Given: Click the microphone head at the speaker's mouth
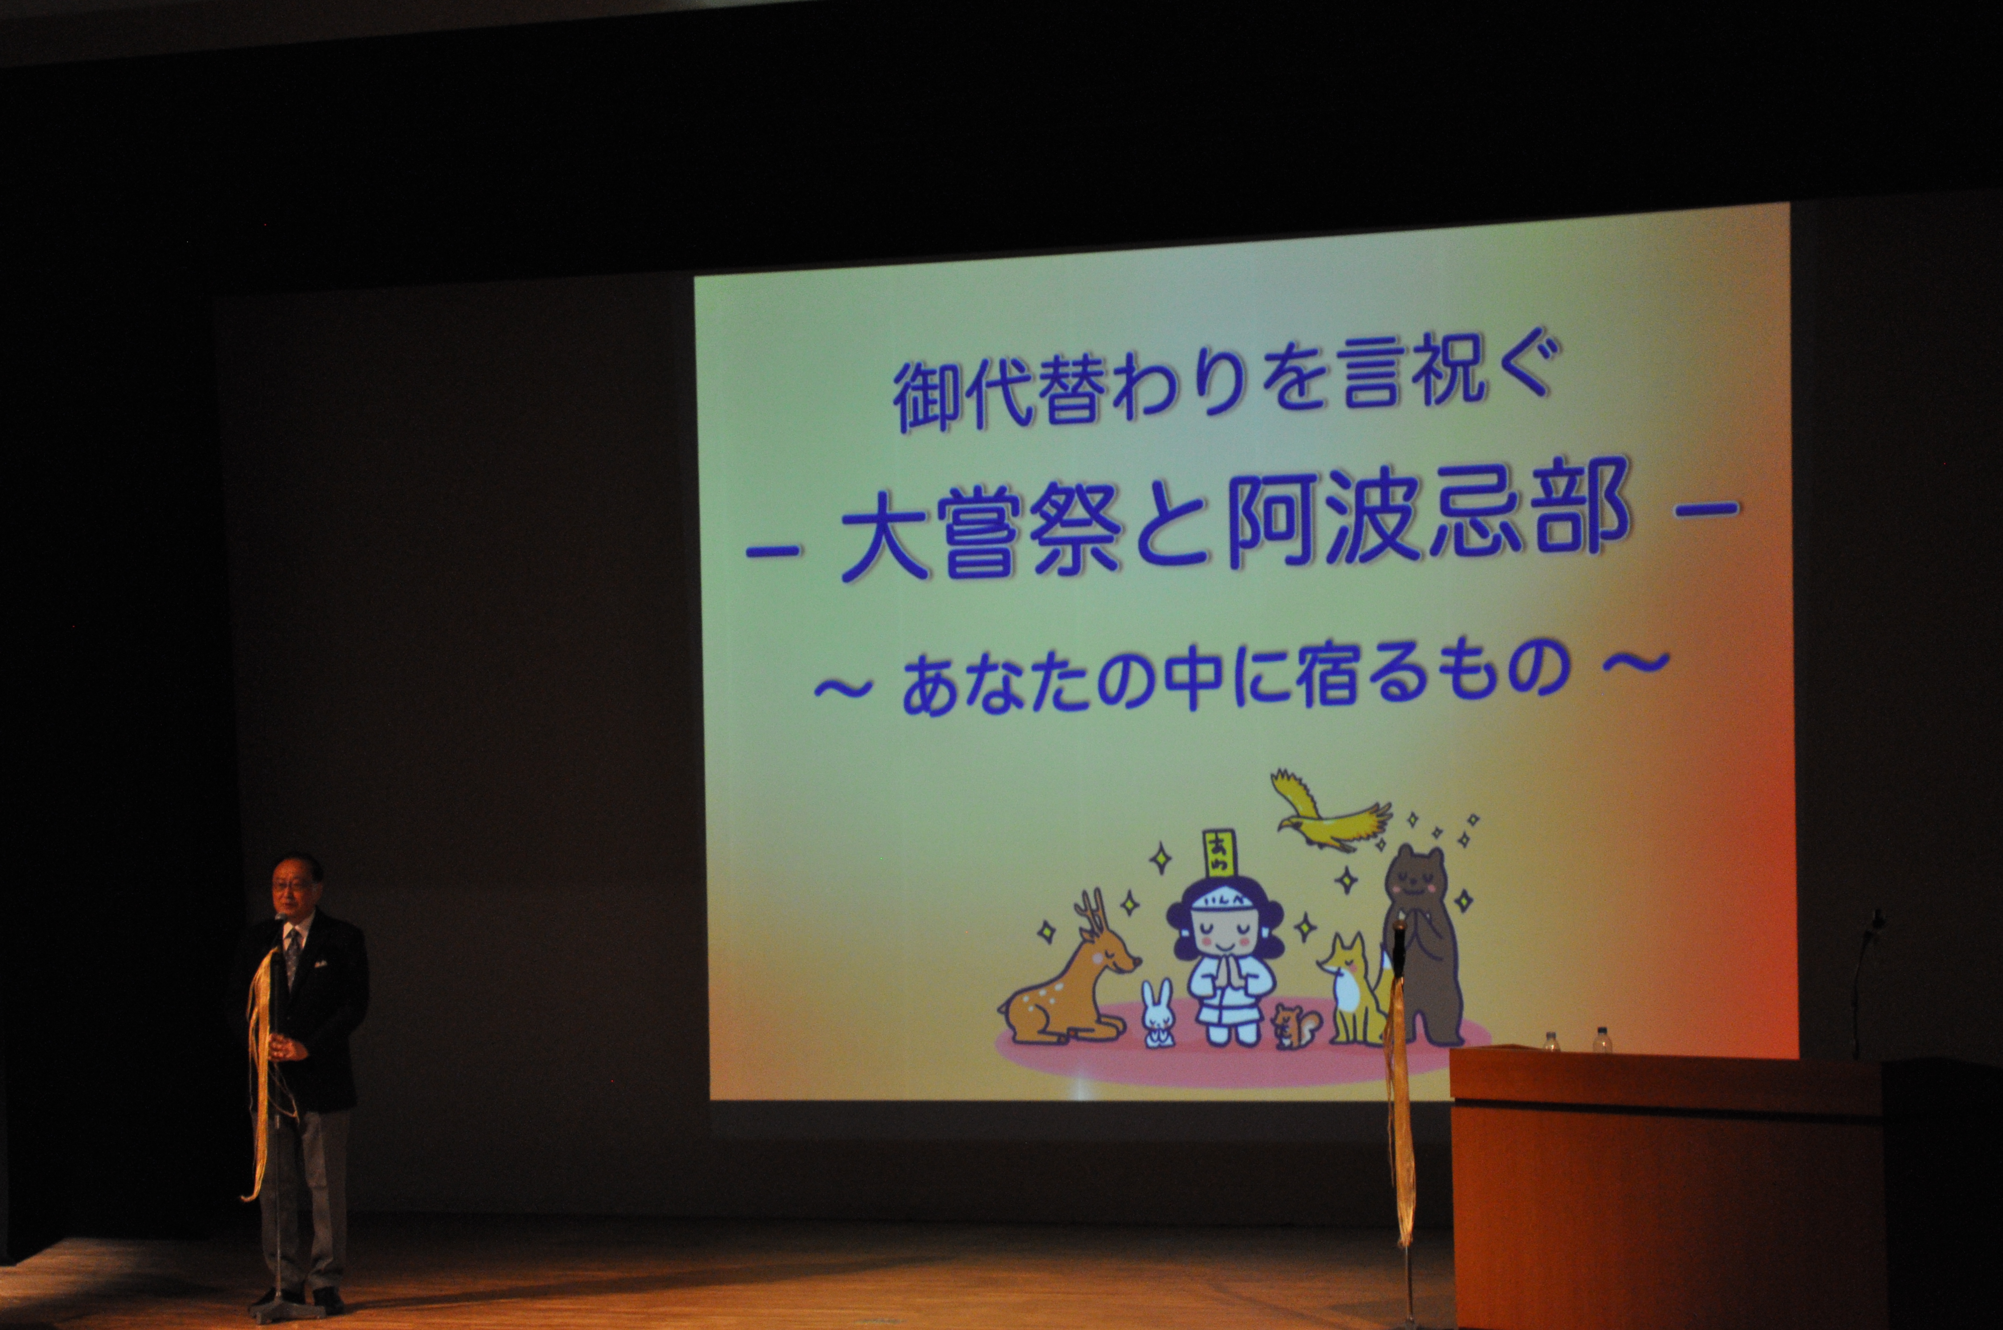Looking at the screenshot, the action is pos(279,919).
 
